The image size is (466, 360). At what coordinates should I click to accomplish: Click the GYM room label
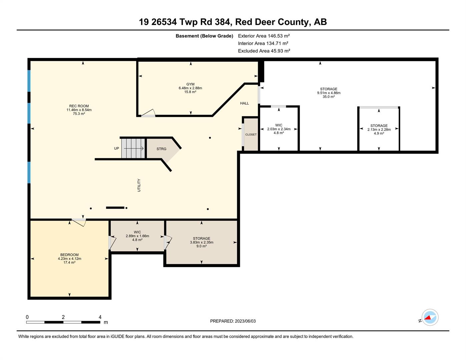click(190, 84)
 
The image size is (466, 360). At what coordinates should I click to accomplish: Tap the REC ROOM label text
click(79, 106)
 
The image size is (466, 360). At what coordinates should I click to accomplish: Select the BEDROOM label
click(69, 255)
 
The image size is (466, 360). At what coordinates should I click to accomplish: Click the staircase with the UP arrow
click(133, 148)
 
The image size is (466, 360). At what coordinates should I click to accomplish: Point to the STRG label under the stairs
click(161, 149)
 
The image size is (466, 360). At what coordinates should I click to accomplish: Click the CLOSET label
click(251, 135)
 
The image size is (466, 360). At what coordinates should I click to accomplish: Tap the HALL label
click(245, 103)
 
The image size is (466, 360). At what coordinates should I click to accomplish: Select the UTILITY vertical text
click(139, 185)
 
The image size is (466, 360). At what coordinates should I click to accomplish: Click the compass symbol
click(430, 317)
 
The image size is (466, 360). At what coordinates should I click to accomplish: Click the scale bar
click(63, 322)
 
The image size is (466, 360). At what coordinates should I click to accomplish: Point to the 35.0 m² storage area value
click(329, 97)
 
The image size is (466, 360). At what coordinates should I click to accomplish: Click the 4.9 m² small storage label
click(379, 133)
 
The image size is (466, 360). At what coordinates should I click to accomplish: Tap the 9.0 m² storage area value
click(201, 246)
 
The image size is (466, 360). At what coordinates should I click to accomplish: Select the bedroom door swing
click(80, 222)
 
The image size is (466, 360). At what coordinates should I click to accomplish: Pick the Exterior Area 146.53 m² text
click(264, 36)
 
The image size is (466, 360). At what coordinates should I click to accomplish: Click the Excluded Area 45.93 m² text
click(264, 51)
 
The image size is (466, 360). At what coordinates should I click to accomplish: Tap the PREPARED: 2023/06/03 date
click(233, 321)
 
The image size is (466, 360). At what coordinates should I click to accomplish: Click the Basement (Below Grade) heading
click(204, 36)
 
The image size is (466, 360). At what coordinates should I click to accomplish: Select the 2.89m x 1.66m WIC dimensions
click(137, 236)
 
